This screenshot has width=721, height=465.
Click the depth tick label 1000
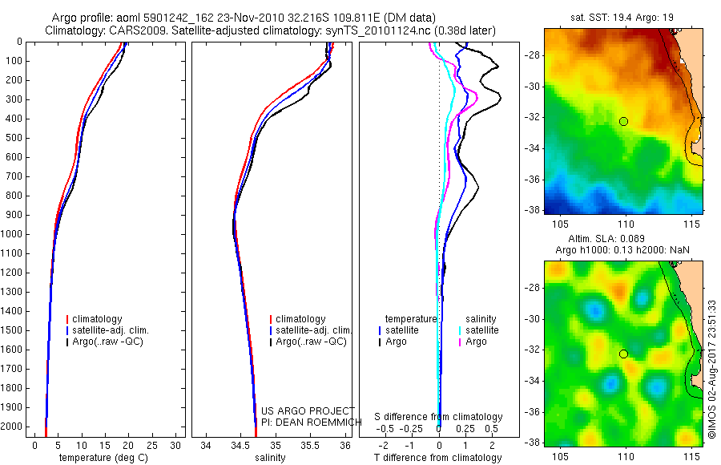click(14, 234)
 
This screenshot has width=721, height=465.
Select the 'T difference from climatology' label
click(438, 458)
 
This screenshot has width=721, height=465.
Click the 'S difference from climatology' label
click(438, 417)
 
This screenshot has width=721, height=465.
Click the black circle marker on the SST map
click(623, 121)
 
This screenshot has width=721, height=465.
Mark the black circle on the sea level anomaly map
click(623, 354)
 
